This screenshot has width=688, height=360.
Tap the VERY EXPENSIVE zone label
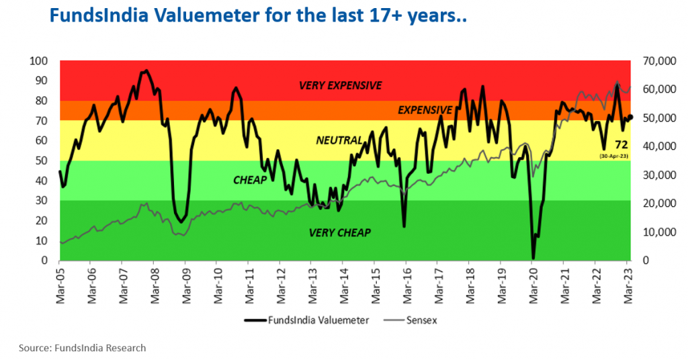coord(340,85)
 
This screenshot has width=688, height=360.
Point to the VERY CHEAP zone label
coord(340,232)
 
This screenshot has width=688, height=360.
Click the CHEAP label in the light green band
coord(250,180)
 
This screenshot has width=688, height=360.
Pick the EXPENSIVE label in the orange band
coord(425,109)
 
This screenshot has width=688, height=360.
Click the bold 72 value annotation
coord(621,145)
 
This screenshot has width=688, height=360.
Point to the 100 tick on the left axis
coord(39,61)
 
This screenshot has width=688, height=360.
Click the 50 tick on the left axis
coord(42,161)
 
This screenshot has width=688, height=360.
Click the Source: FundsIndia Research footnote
coord(81,348)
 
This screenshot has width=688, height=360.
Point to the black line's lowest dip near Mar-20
coord(533,258)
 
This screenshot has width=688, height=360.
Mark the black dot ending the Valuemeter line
coord(630,117)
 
